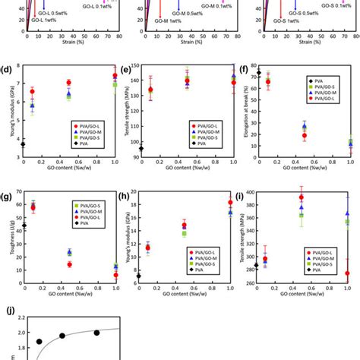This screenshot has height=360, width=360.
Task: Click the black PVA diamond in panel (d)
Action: (24, 144)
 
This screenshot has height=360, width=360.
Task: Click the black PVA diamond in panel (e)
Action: (141, 148)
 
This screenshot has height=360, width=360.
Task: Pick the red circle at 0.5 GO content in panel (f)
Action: (305, 136)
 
